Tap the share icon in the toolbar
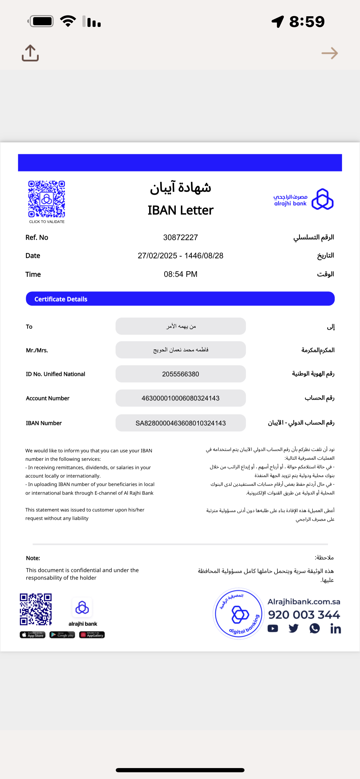[x=30, y=53]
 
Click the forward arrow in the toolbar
[x=329, y=53]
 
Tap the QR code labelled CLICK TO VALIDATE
[x=47, y=199]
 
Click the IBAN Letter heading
[x=181, y=210]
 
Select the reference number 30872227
[x=181, y=238]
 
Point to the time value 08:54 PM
[x=181, y=274]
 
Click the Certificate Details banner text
[x=61, y=299]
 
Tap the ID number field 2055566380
[x=181, y=374]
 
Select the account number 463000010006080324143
[x=181, y=398]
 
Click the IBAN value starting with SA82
[x=181, y=423]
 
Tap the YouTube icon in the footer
[x=273, y=629]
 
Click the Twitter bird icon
[x=294, y=629]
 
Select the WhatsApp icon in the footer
[x=315, y=629]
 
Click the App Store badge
[x=33, y=635]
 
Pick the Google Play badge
[x=62, y=635]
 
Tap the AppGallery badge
[x=92, y=635]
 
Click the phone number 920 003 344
[x=304, y=615]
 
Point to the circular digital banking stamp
[x=239, y=614]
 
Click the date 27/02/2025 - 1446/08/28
[x=181, y=256]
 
